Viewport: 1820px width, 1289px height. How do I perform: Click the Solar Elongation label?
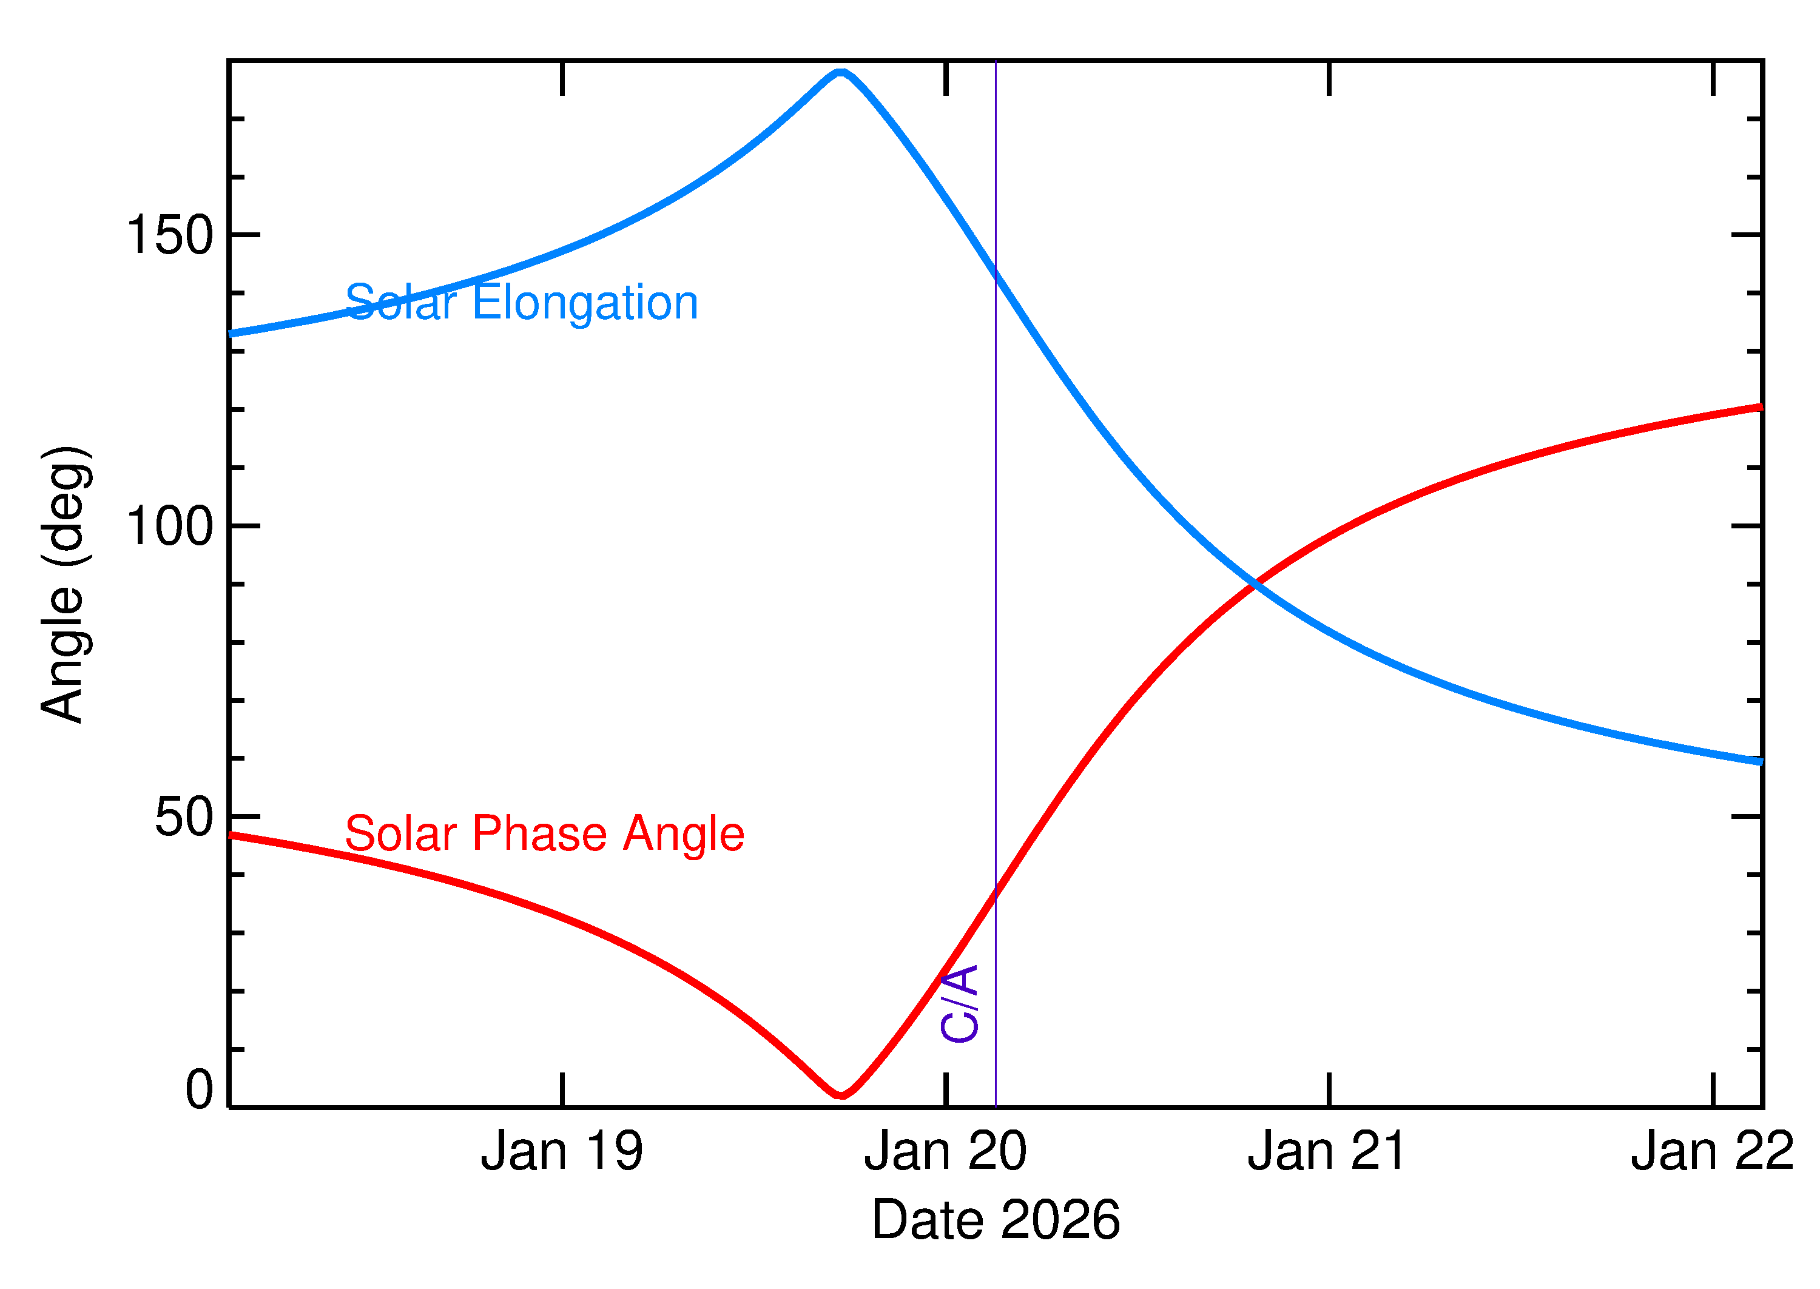point(522,303)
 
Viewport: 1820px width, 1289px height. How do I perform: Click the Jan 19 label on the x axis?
point(561,1152)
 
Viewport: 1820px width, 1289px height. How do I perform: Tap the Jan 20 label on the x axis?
point(945,1152)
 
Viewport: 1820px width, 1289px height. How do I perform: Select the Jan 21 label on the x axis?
point(1328,1152)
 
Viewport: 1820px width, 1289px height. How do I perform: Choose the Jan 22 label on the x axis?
point(1712,1152)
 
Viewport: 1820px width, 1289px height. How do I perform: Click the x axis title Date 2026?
point(996,1220)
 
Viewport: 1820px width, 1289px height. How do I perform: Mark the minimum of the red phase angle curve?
point(841,1095)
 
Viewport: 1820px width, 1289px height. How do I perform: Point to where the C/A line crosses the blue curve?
point(996,272)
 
